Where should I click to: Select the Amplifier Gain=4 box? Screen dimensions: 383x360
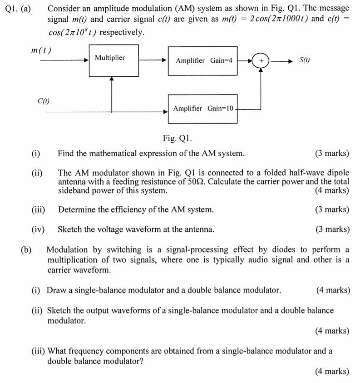point(202,60)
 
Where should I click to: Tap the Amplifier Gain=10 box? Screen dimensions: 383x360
point(202,109)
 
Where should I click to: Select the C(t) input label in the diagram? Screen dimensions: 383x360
point(44,100)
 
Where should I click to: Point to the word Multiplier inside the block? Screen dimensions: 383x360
point(110,58)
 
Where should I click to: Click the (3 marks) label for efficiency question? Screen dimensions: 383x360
point(332,209)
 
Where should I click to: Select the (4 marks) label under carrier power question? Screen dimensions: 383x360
point(332,190)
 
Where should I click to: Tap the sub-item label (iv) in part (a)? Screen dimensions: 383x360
point(38,229)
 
